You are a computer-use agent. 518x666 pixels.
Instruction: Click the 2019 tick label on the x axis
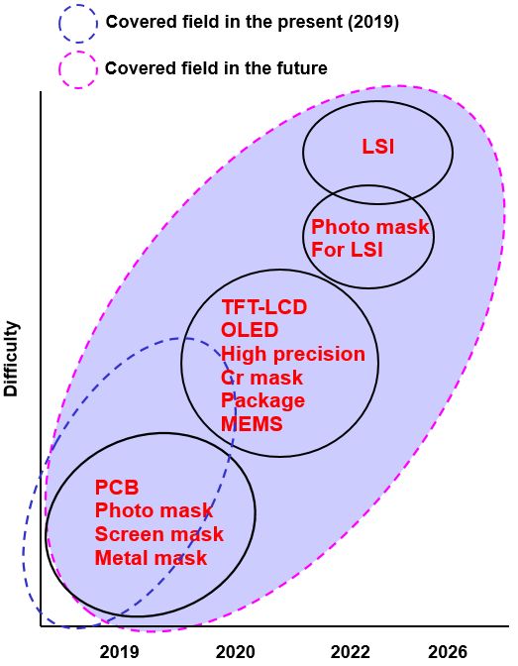(119, 652)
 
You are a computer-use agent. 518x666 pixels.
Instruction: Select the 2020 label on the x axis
(235, 652)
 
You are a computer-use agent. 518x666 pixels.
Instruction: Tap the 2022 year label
(351, 652)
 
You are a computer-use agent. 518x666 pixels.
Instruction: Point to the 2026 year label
(448, 652)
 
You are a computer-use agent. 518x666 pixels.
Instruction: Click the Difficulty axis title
(12, 359)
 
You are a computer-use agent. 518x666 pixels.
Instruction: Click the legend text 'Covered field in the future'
(216, 68)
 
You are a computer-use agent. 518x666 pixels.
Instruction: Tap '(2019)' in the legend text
(373, 22)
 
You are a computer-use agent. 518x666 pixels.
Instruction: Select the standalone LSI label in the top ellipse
(378, 147)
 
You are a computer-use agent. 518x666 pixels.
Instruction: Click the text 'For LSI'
(347, 250)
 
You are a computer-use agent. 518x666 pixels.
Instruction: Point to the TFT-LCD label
(264, 307)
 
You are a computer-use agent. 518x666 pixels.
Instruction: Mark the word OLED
(250, 330)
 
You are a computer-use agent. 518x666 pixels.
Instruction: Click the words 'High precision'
(293, 354)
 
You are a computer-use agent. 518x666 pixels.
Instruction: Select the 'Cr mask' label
(262, 378)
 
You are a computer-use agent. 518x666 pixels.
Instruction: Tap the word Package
(262, 401)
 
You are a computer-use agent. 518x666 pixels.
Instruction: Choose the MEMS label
(252, 424)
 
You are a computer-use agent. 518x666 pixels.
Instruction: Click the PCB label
(117, 488)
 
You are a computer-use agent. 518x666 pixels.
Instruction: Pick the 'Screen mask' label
(159, 534)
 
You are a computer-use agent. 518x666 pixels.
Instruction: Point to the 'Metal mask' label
(151, 558)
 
